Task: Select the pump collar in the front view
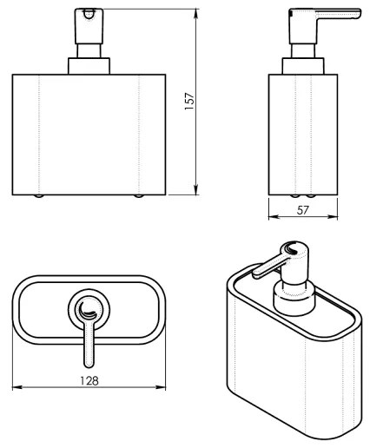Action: click(89, 66)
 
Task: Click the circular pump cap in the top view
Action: click(89, 307)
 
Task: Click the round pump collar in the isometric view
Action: click(294, 300)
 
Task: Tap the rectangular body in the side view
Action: click(300, 135)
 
